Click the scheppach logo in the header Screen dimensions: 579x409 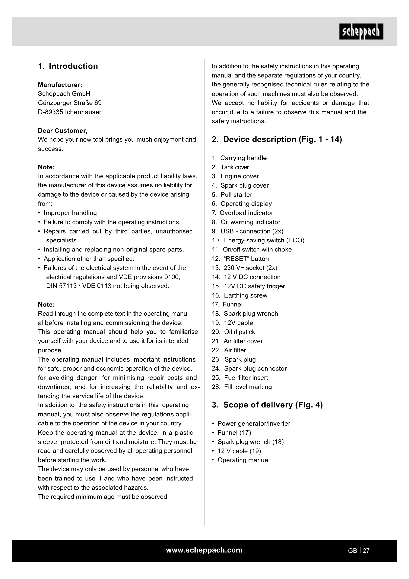click(x=361, y=31)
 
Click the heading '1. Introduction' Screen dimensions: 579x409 click(x=68, y=66)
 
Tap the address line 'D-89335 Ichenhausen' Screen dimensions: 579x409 click(x=70, y=112)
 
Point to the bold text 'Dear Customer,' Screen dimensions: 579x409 click(x=63, y=131)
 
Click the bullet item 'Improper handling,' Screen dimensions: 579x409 click(x=71, y=213)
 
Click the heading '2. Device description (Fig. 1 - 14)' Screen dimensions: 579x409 click(x=277, y=139)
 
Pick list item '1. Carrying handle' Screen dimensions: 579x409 click(x=239, y=158)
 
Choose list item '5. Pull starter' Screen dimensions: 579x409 click(x=232, y=194)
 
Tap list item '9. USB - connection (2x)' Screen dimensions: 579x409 click(x=248, y=231)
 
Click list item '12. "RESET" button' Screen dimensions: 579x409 click(x=240, y=259)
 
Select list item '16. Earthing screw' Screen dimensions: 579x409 click(x=240, y=295)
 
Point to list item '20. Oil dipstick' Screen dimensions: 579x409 click(x=233, y=332)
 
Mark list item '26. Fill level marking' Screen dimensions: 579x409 click(x=242, y=387)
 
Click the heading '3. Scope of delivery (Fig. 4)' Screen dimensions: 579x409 click(x=267, y=405)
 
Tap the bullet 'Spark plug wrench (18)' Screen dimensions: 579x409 click(x=250, y=442)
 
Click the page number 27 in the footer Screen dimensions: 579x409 click(x=366, y=551)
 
